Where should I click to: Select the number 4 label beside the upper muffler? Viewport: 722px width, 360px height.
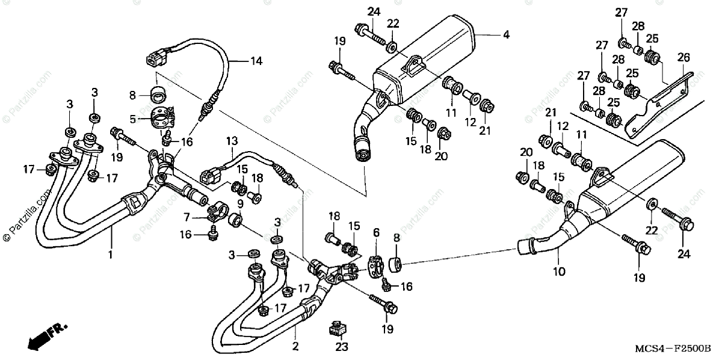506,35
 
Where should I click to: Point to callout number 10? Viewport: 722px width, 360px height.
559,272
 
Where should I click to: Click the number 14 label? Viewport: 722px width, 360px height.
256,61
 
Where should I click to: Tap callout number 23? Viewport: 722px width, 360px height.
342,347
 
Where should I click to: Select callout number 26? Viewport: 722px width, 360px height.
683,58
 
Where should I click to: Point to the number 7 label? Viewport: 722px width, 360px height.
187,217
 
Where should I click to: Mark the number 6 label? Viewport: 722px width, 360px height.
376,232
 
